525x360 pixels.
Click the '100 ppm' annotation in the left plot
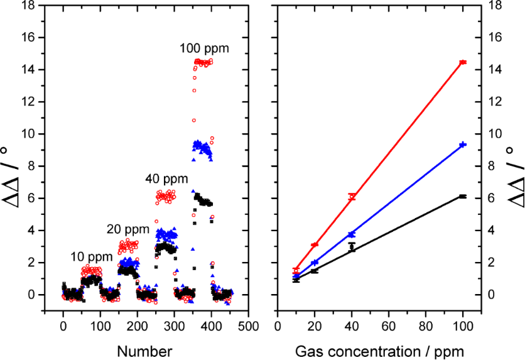click(204, 48)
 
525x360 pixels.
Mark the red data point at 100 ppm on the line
click(463, 62)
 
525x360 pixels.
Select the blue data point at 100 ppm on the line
click(463, 145)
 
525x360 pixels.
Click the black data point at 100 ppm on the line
click(463, 197)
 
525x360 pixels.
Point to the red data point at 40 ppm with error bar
click(352, 197)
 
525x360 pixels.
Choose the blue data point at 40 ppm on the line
click(352, 234)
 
